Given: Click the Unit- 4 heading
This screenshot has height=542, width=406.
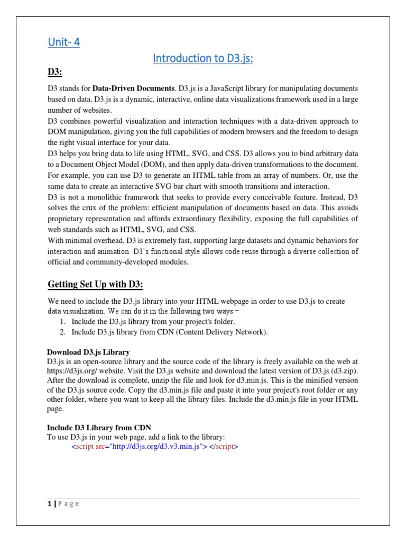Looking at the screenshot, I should coord(64,42).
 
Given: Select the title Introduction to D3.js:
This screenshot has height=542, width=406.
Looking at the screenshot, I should coord(203,58).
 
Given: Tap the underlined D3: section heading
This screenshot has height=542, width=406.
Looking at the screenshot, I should coord(56,71).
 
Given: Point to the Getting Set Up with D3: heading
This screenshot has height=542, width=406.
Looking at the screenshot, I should coord(96,284).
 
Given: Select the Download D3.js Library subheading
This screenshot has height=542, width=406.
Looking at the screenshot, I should coord(88,352).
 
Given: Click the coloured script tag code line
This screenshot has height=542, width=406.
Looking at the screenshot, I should coord(155,446).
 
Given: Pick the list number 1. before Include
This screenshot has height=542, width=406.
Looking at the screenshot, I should coord(62,321).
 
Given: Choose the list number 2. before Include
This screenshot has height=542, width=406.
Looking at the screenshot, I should coord(62,332).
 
